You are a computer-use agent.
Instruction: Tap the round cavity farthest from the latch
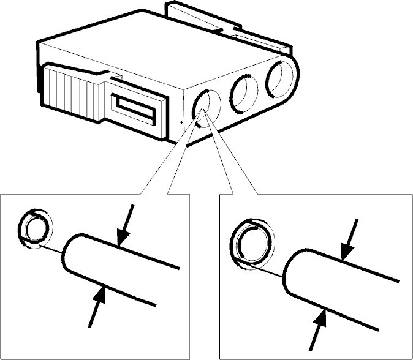point(279,78)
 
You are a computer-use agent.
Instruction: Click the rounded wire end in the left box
point(72,255)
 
